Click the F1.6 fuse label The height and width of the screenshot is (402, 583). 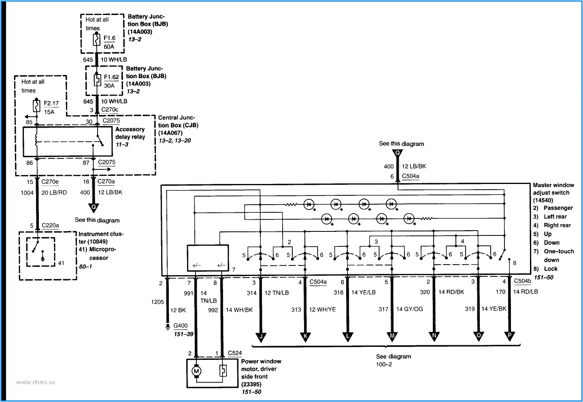tap(109, 38)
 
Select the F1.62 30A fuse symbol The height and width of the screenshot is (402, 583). tap(97, 80)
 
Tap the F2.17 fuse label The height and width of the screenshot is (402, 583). tap(51, 103)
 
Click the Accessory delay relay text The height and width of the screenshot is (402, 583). tap(130, 133)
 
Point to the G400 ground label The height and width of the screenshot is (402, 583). tap(180, 325)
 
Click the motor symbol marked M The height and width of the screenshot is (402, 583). tap(196, 371)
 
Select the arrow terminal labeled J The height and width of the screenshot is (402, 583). tap(261, 336)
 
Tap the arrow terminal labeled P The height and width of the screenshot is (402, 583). tap(509, 336)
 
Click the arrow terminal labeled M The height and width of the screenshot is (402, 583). tap(392, 336)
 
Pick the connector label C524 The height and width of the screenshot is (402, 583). tap(235, 353)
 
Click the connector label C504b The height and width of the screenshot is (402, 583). tap(522, 281)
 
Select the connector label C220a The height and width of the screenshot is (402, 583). tap(50, 225)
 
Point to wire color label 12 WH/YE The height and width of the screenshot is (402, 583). tap(322, 310)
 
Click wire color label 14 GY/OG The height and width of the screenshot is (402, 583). tap(409, 309)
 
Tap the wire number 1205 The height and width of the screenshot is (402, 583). tap(157, 302)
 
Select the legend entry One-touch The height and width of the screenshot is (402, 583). tap(559, 251)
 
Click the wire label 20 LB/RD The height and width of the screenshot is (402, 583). tap(54, 192)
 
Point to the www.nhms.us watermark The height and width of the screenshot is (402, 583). tap(36, 382)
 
